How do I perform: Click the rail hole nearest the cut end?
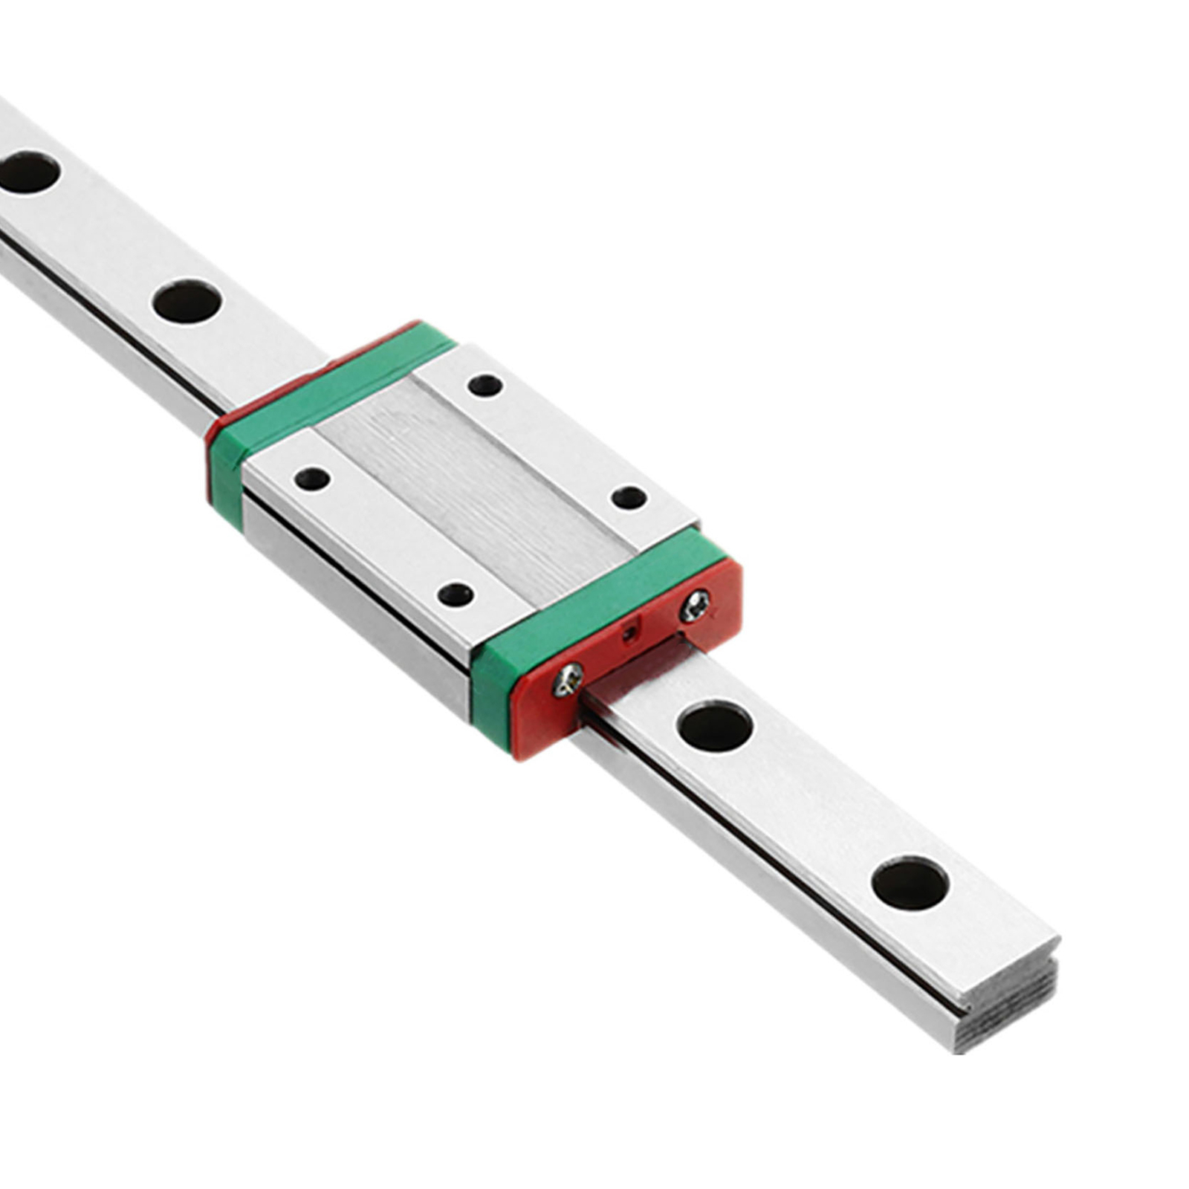(910, 884)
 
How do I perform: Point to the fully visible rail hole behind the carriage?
(187, 301)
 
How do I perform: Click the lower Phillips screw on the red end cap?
(568, 679)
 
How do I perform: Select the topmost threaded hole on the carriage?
(485, 386)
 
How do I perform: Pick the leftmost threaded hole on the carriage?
(312, 478)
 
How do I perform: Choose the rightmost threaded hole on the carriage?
(629, 497)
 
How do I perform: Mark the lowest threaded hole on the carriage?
(455, 594)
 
